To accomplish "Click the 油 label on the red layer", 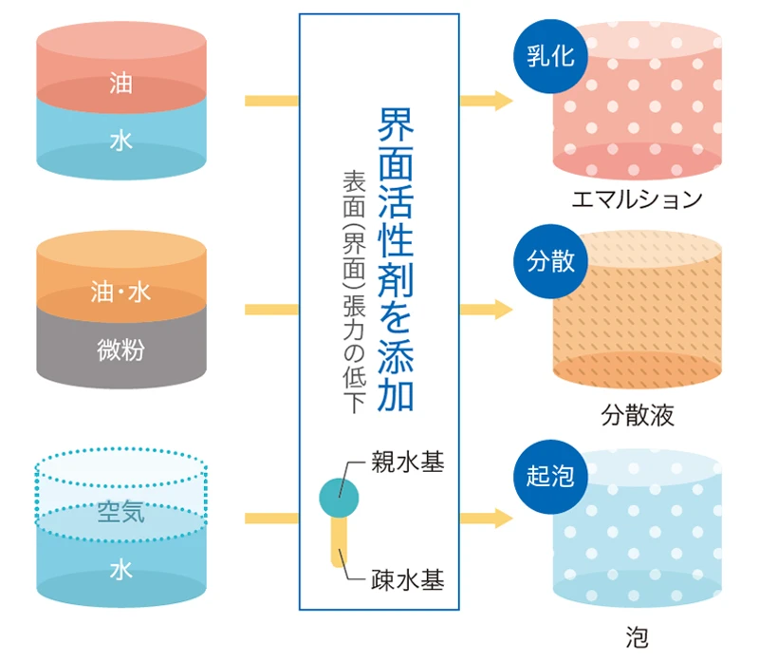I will pyautogui.click(x=120, y=85).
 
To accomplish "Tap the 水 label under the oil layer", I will pyautogui.click(x=120, y=142).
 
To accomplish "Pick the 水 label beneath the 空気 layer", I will pyautogui.click(x=120, y=570).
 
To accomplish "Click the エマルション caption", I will pyautogui.click(x=637, y=199).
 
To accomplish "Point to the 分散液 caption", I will pyautogui.click(x=637, y=415).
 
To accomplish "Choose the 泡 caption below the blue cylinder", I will pyautogui.click(x=637, y=634).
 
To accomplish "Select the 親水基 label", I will pyautogui.click(x=407, y=464).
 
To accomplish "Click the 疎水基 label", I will pyautogui.click(x=407, y=579).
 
